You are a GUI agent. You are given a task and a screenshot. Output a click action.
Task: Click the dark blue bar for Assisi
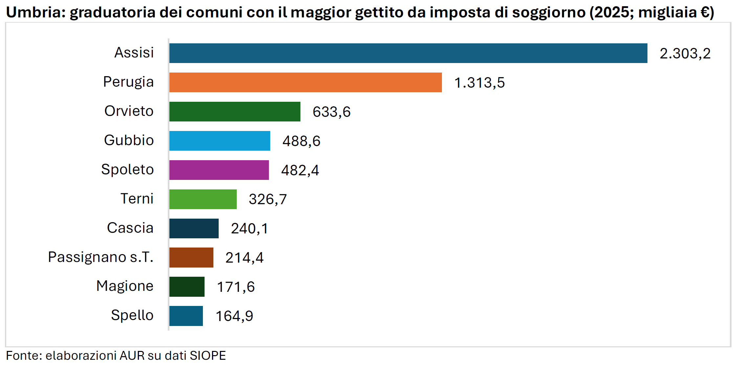tap(408, 53)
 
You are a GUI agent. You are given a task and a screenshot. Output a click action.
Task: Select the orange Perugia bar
tap(305, 82)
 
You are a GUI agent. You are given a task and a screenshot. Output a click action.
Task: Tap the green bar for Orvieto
tap(235, 112)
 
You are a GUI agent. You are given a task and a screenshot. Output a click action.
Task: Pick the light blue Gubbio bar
tap(220, 141)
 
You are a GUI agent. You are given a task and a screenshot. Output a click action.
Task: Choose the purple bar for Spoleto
tap(219, 170)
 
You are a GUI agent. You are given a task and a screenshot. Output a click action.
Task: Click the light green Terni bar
tap(203, 199)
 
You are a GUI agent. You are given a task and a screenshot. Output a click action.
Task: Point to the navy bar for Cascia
tap(194, 228)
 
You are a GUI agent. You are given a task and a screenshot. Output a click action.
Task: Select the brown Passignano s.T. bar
tap(191, 258)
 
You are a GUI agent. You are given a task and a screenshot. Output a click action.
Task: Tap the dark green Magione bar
tap(187, 287)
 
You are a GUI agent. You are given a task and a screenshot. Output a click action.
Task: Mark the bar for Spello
tap(186, 316)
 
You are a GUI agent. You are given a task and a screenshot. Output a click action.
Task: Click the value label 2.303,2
tap(685, 54)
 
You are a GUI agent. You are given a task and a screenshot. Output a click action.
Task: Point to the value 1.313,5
tap(479, 83)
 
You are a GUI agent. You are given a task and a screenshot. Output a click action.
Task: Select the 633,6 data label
tap(331, 112)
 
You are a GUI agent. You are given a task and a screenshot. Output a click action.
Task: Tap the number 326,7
tap(268, 199)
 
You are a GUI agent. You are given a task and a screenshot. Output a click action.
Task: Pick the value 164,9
tap(234, 316)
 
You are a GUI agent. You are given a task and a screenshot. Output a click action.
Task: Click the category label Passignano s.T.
tap(100, 257)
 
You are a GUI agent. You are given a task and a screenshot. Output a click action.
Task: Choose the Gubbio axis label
tap(129, 140)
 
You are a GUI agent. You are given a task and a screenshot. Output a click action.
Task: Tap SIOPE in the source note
tap(208, 356)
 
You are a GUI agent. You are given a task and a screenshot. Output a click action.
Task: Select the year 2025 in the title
tap(613, 12)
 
